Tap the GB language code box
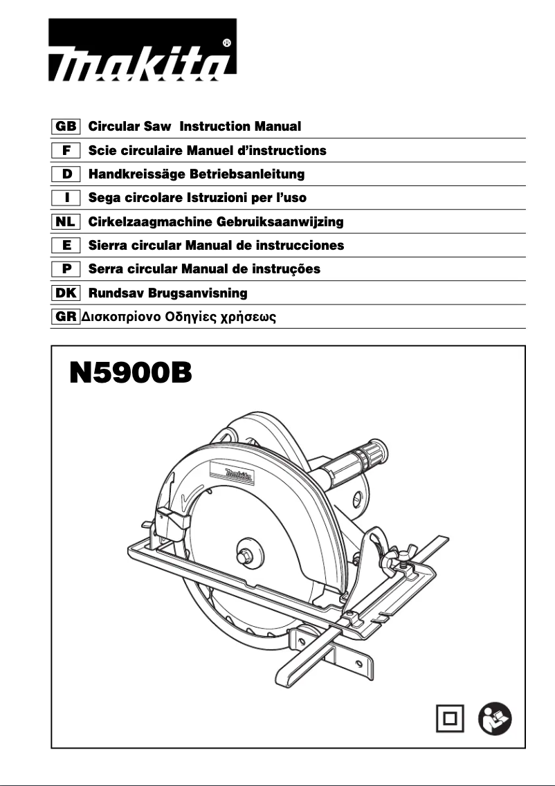pos(66,127)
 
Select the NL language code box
pos(66,222)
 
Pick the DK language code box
pos(66,293)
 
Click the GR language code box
pos(66,318)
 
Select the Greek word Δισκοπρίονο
pos(122,318)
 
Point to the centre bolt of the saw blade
pos(246,556)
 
